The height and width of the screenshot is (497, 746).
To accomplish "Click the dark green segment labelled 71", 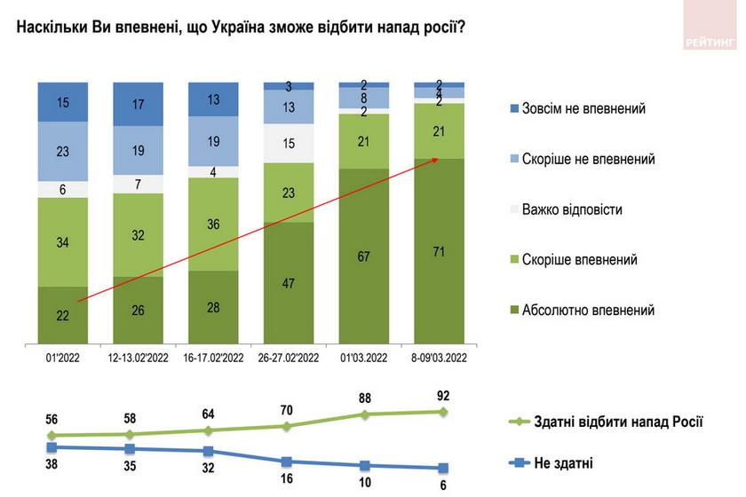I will [439, 252].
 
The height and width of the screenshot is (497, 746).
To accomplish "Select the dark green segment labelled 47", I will [290, 282].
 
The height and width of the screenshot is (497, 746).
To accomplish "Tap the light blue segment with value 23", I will [63, 152].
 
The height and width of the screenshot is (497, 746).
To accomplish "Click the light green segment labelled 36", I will [213, 224].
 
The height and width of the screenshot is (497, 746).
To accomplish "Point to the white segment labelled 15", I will [290, 143].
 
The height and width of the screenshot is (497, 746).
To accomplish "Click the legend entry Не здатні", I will [564, 462].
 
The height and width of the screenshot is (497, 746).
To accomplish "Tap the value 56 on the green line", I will [52, 420].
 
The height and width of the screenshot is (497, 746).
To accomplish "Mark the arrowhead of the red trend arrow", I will [436, 159].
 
